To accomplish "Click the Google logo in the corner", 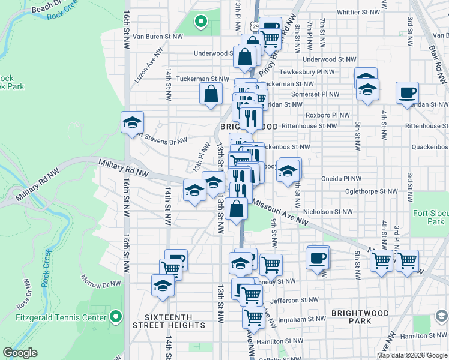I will click(x=20, y=353).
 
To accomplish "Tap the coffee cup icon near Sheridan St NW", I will click(x=407, y=94).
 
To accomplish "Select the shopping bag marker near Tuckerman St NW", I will click(x=211, y=94).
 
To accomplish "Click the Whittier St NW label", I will click(x=358, y=11).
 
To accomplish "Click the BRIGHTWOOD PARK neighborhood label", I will click(x=358, y=317).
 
